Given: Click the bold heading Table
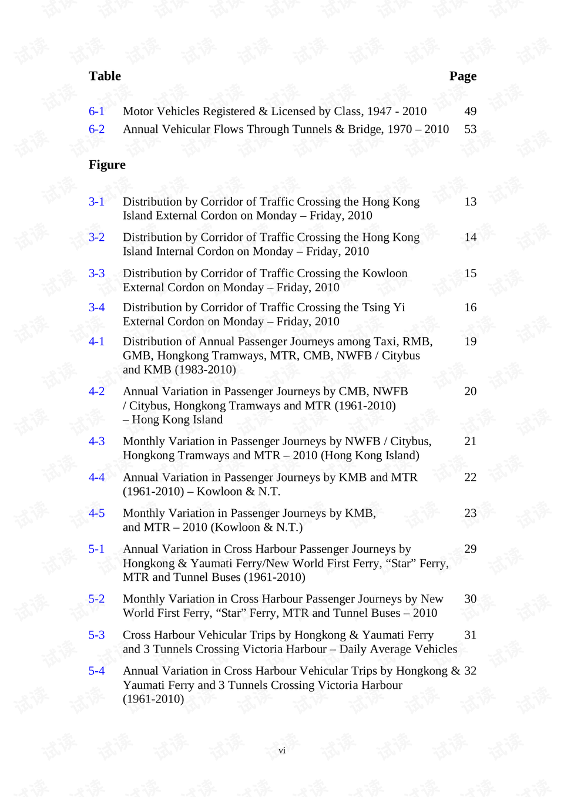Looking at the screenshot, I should tap(105, 76).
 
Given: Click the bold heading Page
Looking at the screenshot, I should tap(462, 76).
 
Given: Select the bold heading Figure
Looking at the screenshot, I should tap(107, 164).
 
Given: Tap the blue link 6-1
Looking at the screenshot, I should tap(96, 111).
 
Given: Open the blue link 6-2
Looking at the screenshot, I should tap(96, 129).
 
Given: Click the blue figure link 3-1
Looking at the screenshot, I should tap(96, 201).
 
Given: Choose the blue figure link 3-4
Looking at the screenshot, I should tap(96, 307).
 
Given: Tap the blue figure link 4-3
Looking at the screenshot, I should tap(96, 441).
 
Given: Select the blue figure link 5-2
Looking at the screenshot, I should tap(96, 598).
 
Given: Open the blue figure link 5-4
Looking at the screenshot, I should tap(96, 671).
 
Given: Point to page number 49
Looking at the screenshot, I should tap(470, 111).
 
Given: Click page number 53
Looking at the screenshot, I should tap(470, 129).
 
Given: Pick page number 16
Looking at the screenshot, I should tap(470, 307).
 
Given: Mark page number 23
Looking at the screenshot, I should tap(470, 513).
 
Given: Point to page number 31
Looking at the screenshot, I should tap(470, 635).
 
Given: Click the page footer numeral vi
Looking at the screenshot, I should tap(282, 751).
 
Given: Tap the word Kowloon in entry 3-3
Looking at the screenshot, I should tap(385, 273).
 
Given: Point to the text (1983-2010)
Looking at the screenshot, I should tap(206, 369).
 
